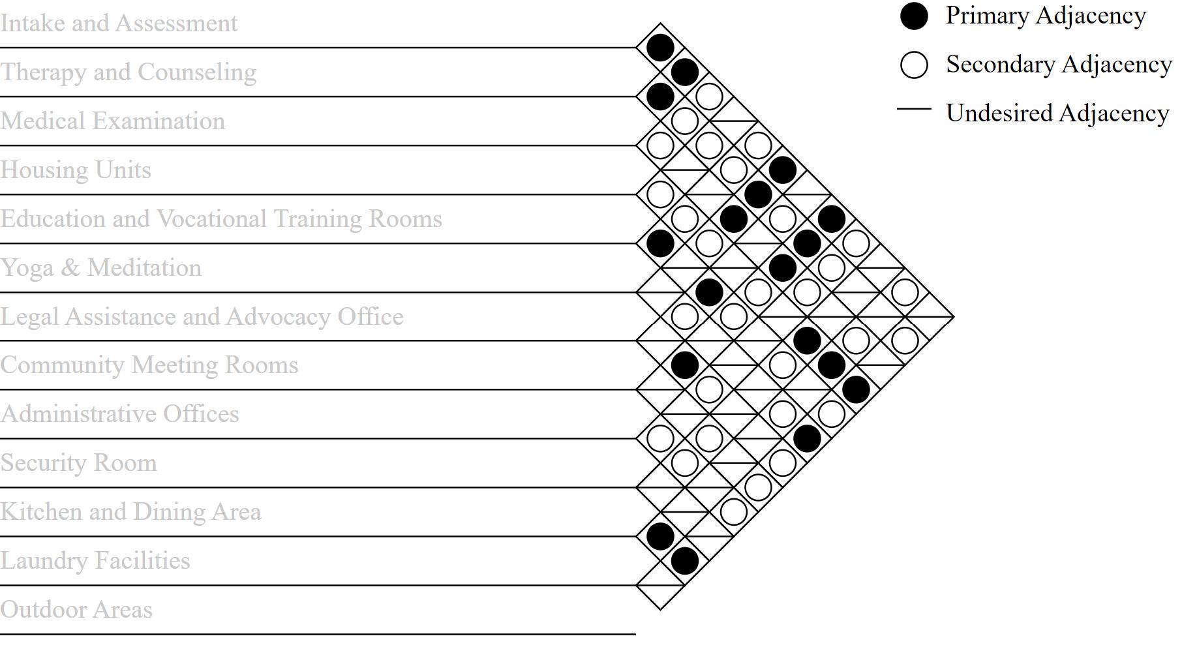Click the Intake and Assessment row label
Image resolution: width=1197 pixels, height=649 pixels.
(119, 23)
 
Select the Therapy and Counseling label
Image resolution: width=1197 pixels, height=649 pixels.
(129, 72)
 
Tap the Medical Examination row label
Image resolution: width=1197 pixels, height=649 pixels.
(113, 121)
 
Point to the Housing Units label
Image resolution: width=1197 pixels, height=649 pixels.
(76, 170)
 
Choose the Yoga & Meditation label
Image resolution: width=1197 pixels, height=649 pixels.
(101, 268)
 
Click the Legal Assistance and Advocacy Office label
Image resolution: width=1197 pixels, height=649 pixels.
(202, 317)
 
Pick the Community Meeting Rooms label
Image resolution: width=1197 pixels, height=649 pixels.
(149, 365)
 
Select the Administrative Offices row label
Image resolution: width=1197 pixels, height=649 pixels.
(120, 414)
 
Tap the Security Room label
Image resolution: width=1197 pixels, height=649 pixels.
(79, 463)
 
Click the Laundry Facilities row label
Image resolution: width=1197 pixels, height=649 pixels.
(95, 561)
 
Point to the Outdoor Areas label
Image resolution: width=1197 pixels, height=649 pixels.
(76, 610)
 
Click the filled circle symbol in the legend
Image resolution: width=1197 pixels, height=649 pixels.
(914, 16)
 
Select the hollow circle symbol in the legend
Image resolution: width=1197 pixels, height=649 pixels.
(914, 65)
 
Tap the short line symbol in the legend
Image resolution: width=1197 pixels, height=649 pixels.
(914, 109)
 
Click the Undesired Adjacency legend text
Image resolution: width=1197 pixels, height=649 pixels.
(1057, 113)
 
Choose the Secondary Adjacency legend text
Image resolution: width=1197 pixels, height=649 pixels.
(1059, 65)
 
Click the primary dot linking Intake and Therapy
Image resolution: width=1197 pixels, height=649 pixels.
(660, 48)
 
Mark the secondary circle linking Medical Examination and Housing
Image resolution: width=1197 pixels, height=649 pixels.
(660, 145)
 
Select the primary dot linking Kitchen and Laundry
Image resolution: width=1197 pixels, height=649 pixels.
(660, 536)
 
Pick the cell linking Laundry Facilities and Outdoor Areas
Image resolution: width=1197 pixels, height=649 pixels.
(660, 585)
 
